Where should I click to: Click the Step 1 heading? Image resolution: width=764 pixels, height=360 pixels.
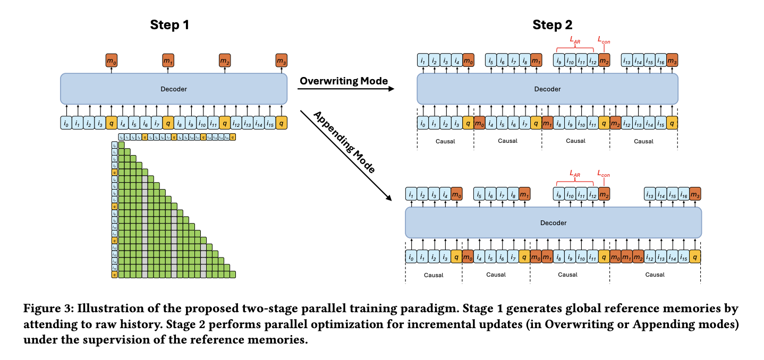169,24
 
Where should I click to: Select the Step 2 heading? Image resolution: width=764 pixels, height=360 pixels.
553,24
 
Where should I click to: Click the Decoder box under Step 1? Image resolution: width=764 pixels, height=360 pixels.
173,89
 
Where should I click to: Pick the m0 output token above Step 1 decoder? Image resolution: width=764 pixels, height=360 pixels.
112,61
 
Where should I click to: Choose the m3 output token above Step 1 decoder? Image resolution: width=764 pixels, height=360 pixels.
282,61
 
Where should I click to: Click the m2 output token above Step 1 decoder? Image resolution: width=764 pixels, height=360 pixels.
225,61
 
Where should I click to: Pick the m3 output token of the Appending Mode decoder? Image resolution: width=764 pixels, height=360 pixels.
696,194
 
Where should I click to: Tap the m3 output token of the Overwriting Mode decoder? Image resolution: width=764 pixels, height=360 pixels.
672,60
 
